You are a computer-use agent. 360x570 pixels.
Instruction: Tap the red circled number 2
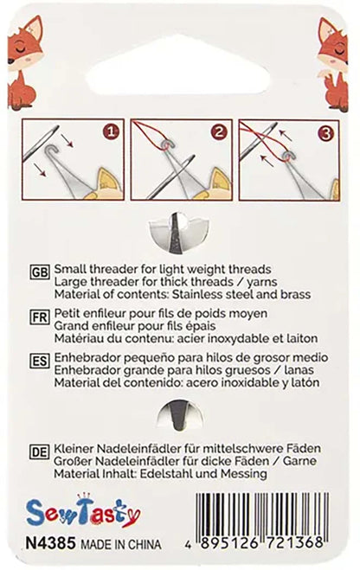pos(221,132)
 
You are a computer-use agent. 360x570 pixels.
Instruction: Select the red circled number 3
pos(325,132)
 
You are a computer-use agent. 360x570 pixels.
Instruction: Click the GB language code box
pos(40,270)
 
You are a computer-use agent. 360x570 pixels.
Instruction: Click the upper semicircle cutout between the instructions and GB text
pos(180,231)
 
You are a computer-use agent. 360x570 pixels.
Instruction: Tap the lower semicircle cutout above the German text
pos(180,413)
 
